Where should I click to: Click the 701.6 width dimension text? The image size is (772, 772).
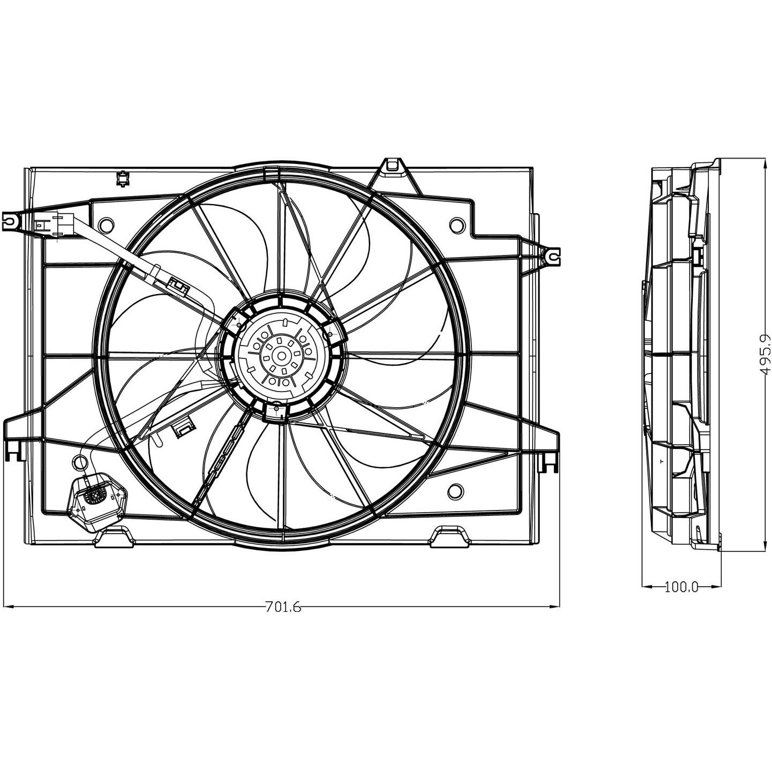(x=283, y=606)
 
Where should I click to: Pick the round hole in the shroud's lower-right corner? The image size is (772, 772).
(x=455, y=490)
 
